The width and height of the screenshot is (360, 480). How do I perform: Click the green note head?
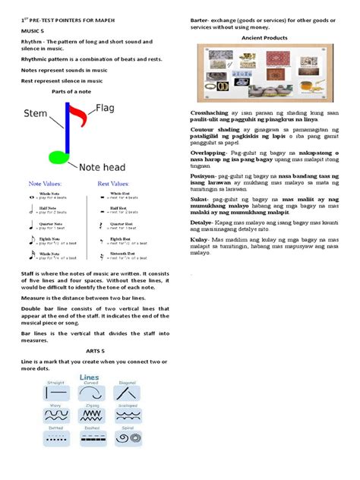(x=58, y=156)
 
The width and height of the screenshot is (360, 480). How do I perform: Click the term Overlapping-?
(x=210, y=153)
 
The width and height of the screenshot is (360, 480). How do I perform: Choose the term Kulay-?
(x=199, y=240)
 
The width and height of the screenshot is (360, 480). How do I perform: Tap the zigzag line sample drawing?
(x=90, y=415)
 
